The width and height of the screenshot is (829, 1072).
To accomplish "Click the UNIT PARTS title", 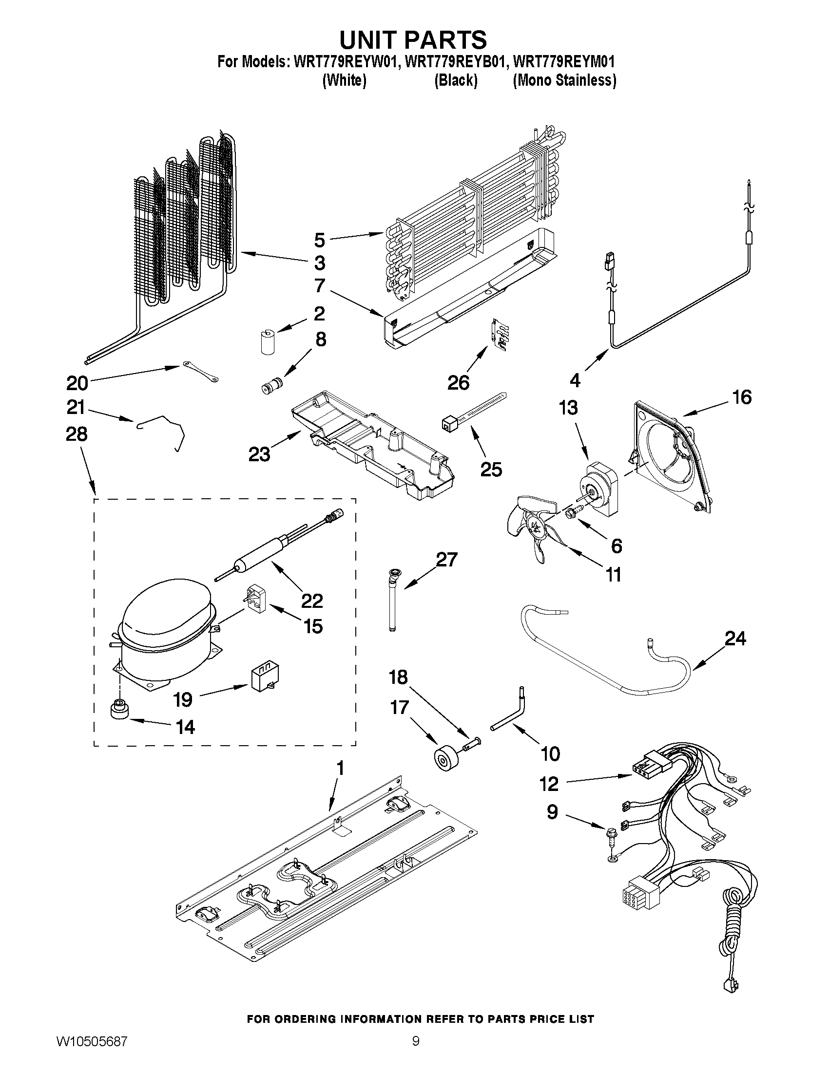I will click(x=413, y=39).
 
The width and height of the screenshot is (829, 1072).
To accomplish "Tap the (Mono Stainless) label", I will click(x=564, y=80).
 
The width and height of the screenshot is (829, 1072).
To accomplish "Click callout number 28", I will click(x=77, y=434).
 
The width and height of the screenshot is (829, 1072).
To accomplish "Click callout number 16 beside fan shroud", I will click(x=742, y=396).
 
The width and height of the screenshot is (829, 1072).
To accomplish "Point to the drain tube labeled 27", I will click(x=392, y=602).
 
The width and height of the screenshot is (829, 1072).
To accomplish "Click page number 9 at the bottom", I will click(x=416, y=1053).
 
